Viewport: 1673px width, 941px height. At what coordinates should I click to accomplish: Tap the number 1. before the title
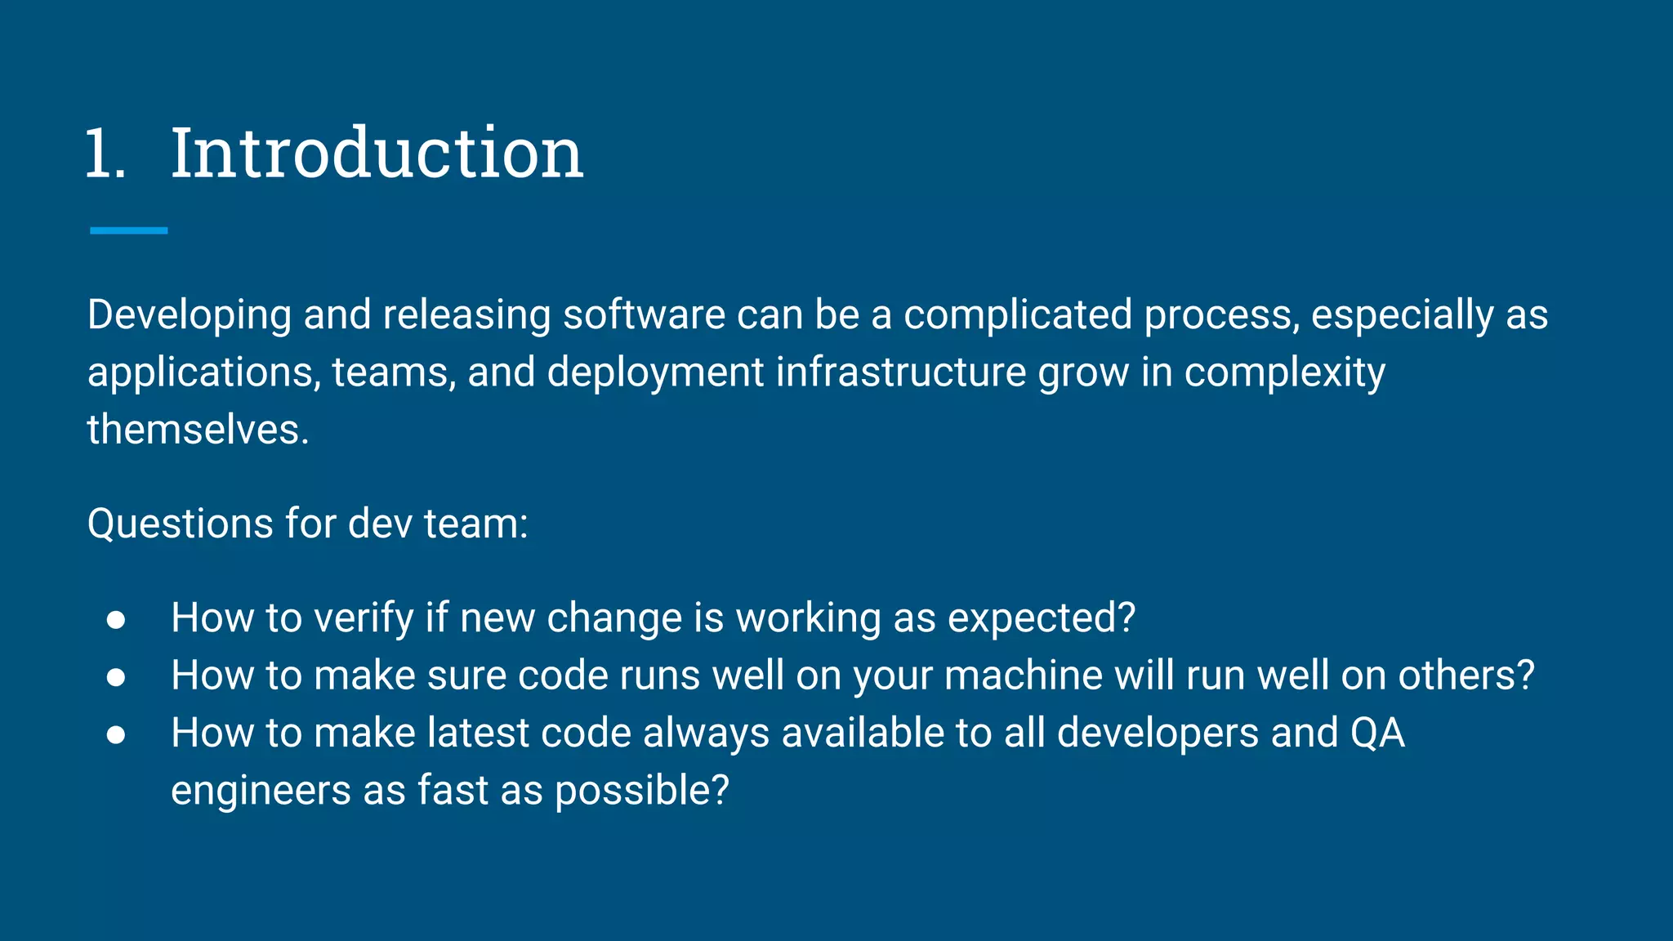coord(106,154)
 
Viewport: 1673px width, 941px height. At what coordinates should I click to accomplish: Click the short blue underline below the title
coord(128,231)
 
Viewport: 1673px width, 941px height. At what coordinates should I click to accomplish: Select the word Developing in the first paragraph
coord(190,316)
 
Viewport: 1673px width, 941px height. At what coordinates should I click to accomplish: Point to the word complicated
coord(1017,316)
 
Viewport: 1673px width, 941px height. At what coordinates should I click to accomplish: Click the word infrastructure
coord(900,372)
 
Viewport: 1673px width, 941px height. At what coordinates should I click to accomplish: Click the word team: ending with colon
coord(476,524)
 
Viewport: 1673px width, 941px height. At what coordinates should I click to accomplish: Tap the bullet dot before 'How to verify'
coord(116,620)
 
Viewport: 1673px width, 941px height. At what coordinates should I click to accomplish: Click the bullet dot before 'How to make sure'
coord(116,677)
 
